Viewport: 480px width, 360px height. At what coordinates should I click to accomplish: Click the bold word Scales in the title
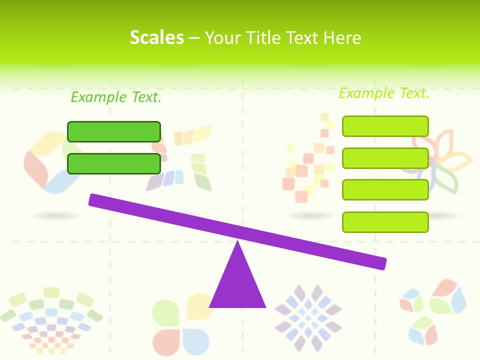[x=156, y=37]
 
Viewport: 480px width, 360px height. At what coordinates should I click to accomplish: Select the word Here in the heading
[x=342, y=38]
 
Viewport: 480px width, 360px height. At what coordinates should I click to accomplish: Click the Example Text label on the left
[x=116, y=97]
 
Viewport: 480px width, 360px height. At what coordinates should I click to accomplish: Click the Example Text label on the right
[x=384, y=93]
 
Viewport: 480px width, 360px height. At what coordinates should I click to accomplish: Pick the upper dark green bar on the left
[x=114, y=131]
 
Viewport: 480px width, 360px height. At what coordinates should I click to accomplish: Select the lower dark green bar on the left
[x=114, y=163]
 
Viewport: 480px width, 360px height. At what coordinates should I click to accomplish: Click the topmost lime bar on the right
[x=385, y=126]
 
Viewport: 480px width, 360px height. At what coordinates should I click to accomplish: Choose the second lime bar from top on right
[x=385, y=158]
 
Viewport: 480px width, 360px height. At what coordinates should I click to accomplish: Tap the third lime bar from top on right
[x=385, y=189]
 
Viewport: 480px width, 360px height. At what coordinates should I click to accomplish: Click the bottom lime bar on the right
[x=385, y=222]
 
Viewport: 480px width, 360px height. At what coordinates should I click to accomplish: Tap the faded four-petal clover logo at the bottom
[x=182, y=322]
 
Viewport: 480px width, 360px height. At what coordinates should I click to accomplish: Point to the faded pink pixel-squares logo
[x=310, y=160]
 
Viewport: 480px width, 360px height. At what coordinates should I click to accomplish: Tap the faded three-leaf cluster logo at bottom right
[x=432, y=310]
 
